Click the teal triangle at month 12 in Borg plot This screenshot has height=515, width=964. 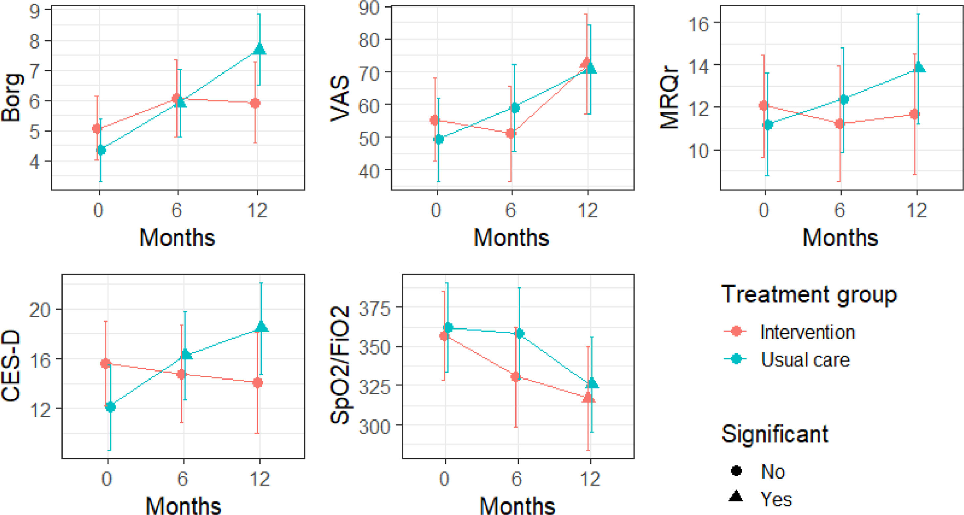pyautogui.click(x=260, y=49)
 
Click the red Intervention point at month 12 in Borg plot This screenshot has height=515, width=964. pyautogui.click(x=255, y=103)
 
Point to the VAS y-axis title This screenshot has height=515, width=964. pyautogui.click(x=340, y=99)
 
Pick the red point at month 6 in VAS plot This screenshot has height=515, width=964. pyautogui.click(x=511, y=133)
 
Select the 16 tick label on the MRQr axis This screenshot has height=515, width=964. pyautogui.click(x=698, y=25)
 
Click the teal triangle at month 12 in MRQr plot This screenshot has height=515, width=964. pyautogui.click(x=919, y=67)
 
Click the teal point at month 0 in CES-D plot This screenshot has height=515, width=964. pyautogui.click(x=110, y=407)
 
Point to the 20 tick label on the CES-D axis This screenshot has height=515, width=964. pyautogui.click(x=40, y=310)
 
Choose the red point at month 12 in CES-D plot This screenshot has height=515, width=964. pyautogui.click(x=258, y=382)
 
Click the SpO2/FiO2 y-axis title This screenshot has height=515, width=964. pyautogui.click(x=340, y=365)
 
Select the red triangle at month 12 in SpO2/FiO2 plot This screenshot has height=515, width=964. pyautogui.click(x=588, y=397)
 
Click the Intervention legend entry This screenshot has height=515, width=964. pyautogui.click(x=808, y=332)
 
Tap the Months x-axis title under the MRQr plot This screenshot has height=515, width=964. pyautogui.click(x=840, y=238)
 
